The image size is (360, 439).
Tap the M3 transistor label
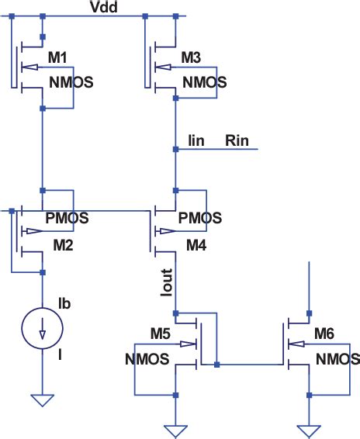coord(191,57)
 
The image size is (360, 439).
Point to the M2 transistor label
coord(59,247)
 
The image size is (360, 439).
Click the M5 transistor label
coord(161,334)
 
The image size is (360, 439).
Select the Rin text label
coord(236,140)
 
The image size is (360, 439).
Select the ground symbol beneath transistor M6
coord(309,428)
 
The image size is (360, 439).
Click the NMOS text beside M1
coord(72,82)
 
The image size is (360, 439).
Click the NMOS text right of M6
coord(337,360)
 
